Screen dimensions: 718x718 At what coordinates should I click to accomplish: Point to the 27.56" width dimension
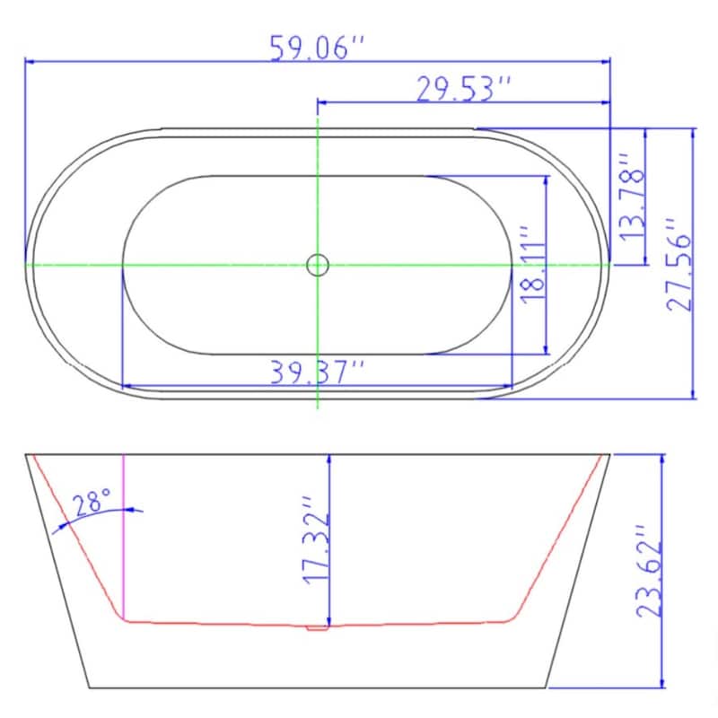[x=680, y=264]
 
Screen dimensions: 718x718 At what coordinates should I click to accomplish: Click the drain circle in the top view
[x=318, y=265]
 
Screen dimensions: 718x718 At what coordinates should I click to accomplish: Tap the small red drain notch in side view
[x=315, y=627]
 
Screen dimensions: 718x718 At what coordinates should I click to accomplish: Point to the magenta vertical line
[x=123, y=538]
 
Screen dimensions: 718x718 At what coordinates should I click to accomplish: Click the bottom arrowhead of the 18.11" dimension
[x=545, y=347]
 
